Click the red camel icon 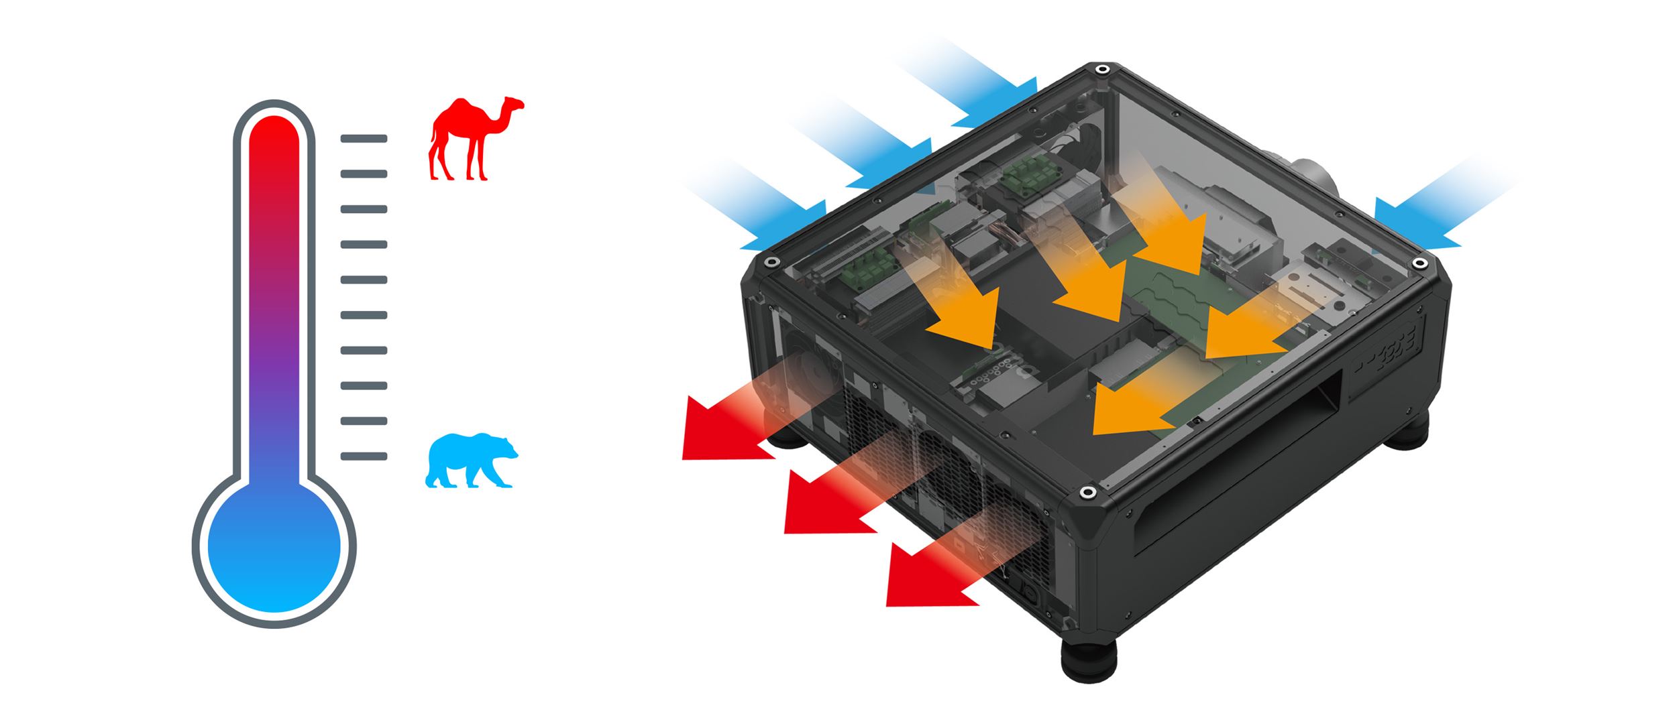coord(473,141)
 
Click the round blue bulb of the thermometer coord(274,547)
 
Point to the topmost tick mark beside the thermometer coord(364,139)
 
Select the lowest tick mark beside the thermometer coord(364,457)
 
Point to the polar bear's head coord(506,448)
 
